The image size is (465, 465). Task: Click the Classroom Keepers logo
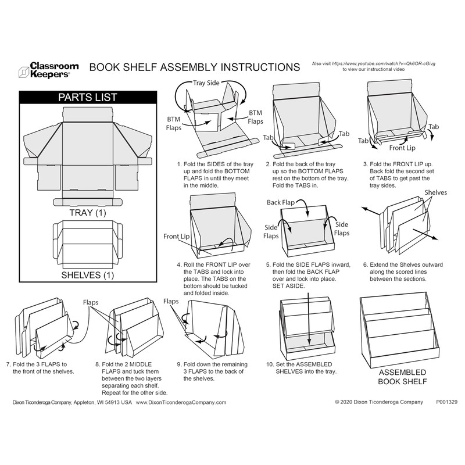pos(44,70)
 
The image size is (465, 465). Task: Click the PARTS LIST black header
pos(88,97)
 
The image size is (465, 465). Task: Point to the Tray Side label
pos(206,83)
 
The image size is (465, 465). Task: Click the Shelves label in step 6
pos(435,192)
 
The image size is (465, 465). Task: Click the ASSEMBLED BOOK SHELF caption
pos(402,377)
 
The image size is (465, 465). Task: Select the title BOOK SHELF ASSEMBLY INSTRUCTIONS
pos(195,67)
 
